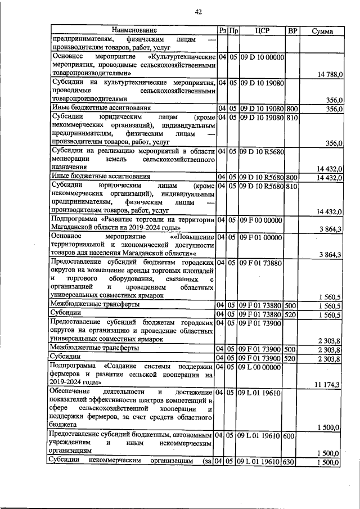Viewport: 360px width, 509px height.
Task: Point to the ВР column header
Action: (x=292, y=29)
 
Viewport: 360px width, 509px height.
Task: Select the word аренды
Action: (x=136, y=270)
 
